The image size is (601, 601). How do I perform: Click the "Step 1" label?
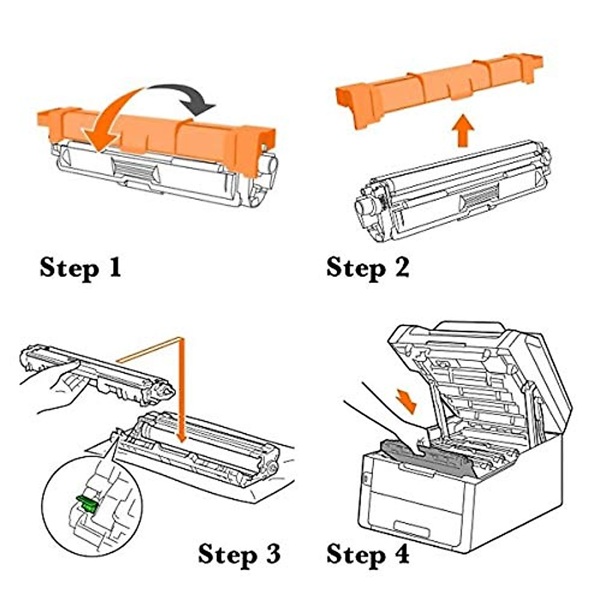click(80, 267)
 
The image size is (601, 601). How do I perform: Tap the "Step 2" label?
click(367, 267)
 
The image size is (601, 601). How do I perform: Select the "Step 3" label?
click(239, 554)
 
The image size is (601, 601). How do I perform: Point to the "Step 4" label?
click(367, 554)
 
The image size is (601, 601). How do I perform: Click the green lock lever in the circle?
click(86, 502)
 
